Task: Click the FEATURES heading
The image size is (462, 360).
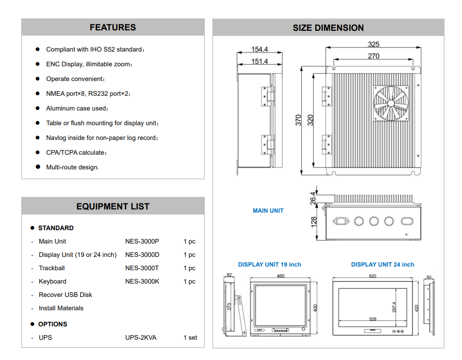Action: pos(113,28)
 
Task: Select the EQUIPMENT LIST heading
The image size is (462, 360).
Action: pos(113,207)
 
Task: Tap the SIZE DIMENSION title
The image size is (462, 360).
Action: pos(328,28)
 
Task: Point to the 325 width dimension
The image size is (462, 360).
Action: pos(374,44)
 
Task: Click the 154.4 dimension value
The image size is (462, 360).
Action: pos(260,50)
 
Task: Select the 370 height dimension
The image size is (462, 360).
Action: pos(298,121)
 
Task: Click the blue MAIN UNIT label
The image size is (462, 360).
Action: pos(268,210)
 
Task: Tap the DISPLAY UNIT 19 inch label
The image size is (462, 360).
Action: pos(269,264)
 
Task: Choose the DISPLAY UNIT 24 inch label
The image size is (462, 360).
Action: pos(382,264)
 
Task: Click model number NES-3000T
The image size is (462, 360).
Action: pos(142,268)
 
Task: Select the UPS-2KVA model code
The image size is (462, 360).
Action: pos(141,337)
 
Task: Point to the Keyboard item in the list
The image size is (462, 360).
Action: pos(53,281)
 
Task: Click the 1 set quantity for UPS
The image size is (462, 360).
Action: pos(190,337)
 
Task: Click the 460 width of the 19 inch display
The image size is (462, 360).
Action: pos(281,276)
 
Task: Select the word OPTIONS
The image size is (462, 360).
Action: pos(53,324)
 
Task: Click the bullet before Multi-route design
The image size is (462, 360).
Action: pos(38,167)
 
